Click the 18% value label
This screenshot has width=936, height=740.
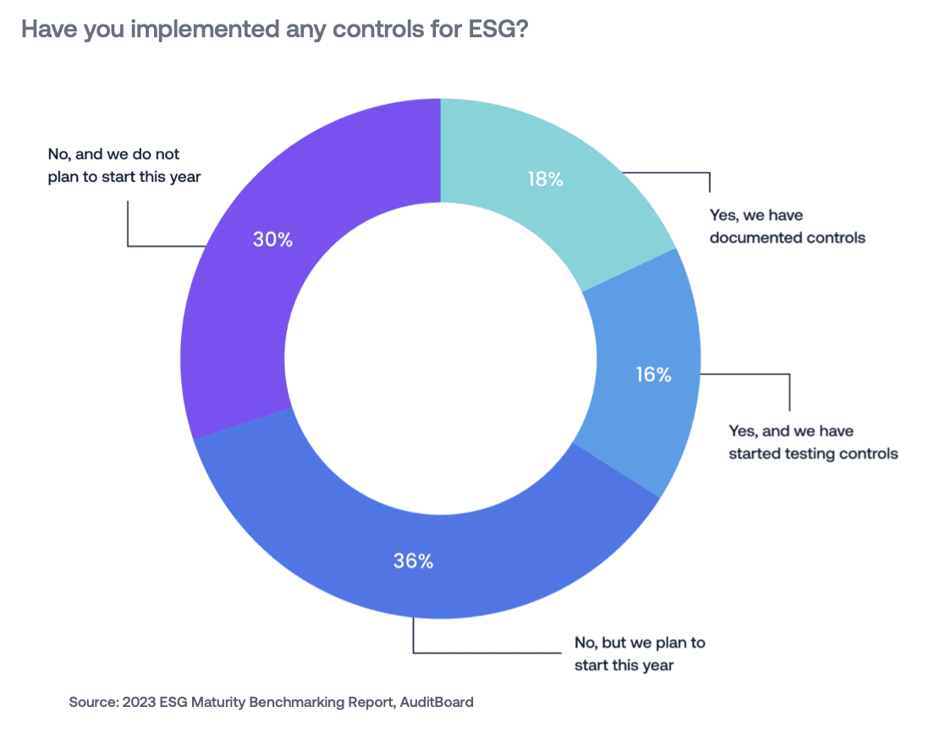click(546, 179)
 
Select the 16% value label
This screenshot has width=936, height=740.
click(653, 374)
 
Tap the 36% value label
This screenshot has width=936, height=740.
click(413, 561)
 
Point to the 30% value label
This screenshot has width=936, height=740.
click(273, 240)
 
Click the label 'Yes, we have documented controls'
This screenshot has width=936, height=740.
click(787, 226)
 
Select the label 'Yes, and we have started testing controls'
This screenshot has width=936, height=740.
click(812, 442)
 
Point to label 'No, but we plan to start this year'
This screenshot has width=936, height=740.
click(639, 654)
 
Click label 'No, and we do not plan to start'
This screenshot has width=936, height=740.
click(124, 166)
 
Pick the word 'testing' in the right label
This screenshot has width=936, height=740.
click(810, 453)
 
